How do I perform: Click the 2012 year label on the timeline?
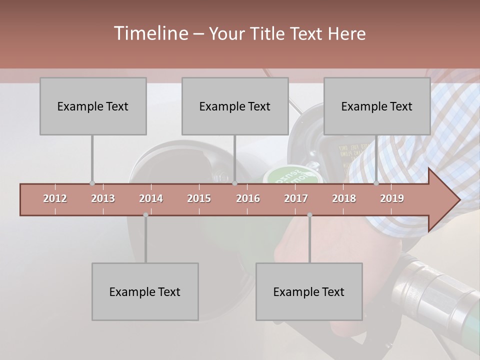pyautogui.click(x=55, y=198)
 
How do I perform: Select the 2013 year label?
pyautogui.click(x=103, y=198)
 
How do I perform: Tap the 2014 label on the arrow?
pyautogui.click(x=151, y=198)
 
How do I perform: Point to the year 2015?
pyautogui.click(x=199, y=198)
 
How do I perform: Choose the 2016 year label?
pyautogui.click(x=248, y=198)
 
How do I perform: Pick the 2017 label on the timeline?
pyautogui.click(x=296, y=198)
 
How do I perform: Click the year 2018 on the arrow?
pyautogui.click(x=344, y=198)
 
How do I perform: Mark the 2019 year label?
pyautogui.click(x=392, y=198)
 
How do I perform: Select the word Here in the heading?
pyautogui.click(x=346, y=33)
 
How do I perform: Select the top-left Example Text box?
pyautogui.click(x=93, y=106)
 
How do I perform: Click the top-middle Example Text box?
pyautogui.click(x=235, y=106)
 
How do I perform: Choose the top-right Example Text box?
pyautogui.click(x=377, y=106)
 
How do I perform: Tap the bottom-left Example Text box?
pyautogui.click(x=145, y=291)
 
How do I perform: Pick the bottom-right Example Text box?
pyautogui.click(x=309, y=291)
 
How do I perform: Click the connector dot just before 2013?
pyautogui.click(x=92, y=183)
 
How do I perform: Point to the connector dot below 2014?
pyautogui.click(x=145, y=215)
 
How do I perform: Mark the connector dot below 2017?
pyautogui.click(x=309, y=215)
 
